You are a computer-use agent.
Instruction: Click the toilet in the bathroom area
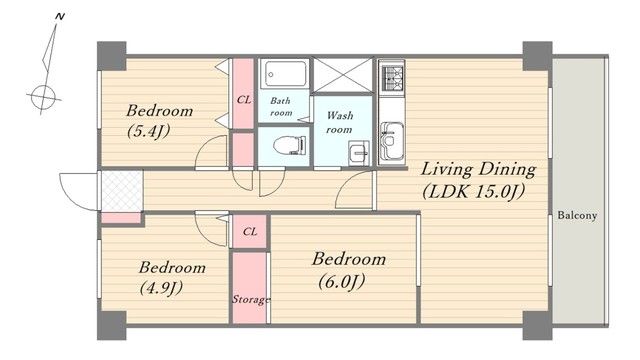[x=290, y=145]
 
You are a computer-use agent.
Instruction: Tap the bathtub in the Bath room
[x=286, y=74]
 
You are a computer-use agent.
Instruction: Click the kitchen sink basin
[x=392, y=141]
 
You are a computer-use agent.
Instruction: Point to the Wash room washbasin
[x=359, y=153]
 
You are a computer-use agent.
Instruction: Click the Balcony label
[x=577, y=215]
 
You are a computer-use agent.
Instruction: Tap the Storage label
[x=251, y=300]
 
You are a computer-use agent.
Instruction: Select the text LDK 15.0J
[x=473, y=191]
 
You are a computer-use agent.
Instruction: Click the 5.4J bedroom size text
[x=148, y=131]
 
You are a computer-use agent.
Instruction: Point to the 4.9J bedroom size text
[x=161, y=288]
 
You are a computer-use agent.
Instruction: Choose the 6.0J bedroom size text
[x=341, y=282]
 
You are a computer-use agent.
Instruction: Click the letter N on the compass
[x=60, y=17]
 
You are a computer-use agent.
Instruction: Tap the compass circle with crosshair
[x=43, y=98]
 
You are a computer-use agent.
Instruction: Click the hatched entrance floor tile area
[x=122, y=191]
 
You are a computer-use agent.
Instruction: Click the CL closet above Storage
[x=250, y=232]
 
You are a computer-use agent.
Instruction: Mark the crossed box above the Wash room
[x=343, y=76]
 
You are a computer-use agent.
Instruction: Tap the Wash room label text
[x=340, y=122]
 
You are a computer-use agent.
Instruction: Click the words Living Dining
[x=478, y=170]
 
